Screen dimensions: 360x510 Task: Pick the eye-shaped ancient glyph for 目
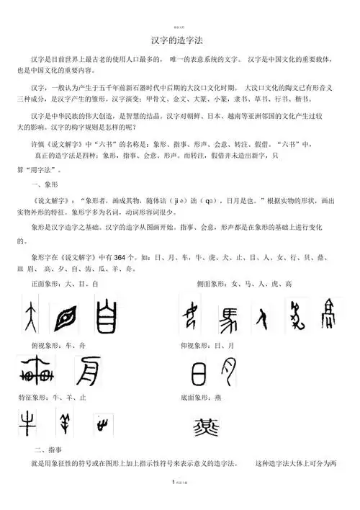pos(69,315)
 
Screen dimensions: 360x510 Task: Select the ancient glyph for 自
pos(106,315)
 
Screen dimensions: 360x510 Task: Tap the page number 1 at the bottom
pos(173,501)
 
